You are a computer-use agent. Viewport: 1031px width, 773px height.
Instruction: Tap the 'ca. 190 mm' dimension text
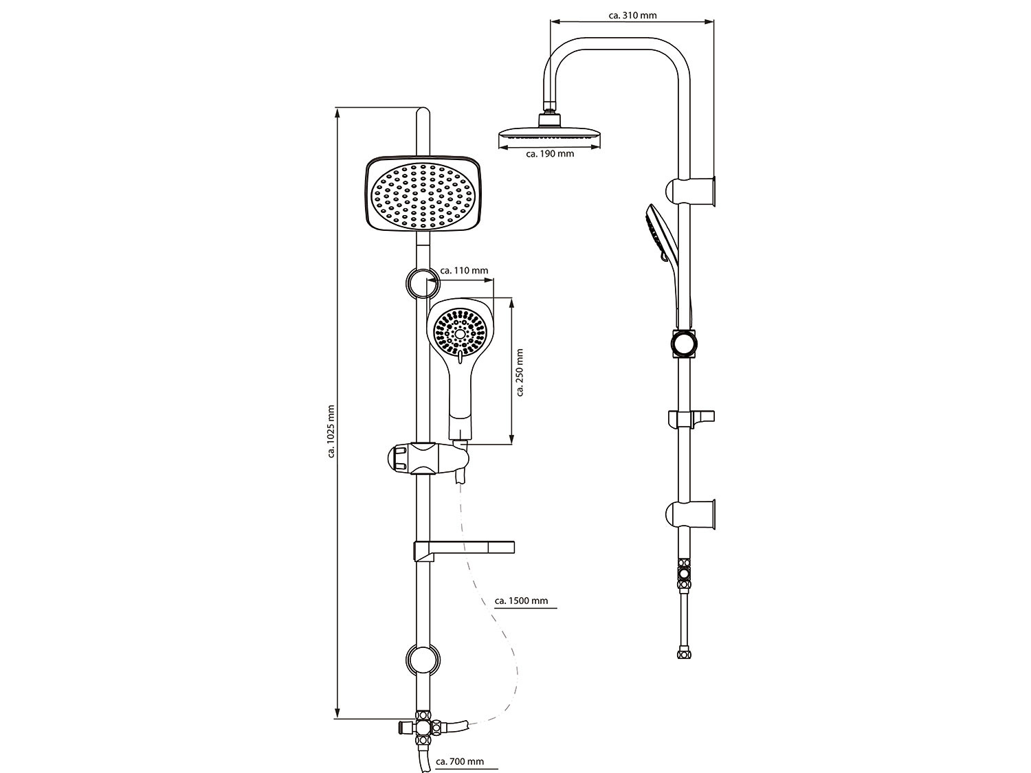coord(550,155)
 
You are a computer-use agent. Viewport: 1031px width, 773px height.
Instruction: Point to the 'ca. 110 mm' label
coord(464,271)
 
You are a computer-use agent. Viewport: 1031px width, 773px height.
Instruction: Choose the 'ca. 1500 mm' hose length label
coord(522,601)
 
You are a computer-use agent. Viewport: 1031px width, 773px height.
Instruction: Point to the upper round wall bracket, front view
coord(421,282)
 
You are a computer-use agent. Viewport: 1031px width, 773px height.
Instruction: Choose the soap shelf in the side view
coord(691,418)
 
